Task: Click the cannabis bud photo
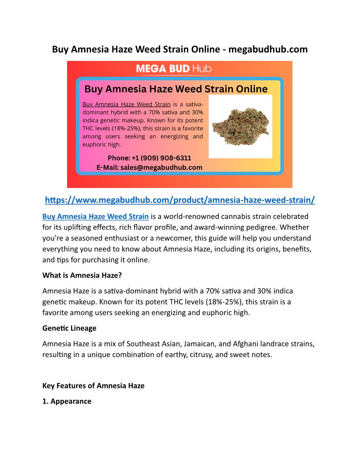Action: (x=240, y=126)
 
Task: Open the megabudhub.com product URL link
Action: (x=180, y=200)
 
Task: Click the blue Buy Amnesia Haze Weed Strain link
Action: (x=95, y=216)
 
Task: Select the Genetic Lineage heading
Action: (x=69, y=328)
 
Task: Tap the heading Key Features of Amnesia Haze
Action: (x=93, y=385)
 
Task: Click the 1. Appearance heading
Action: (x=67, y=401)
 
